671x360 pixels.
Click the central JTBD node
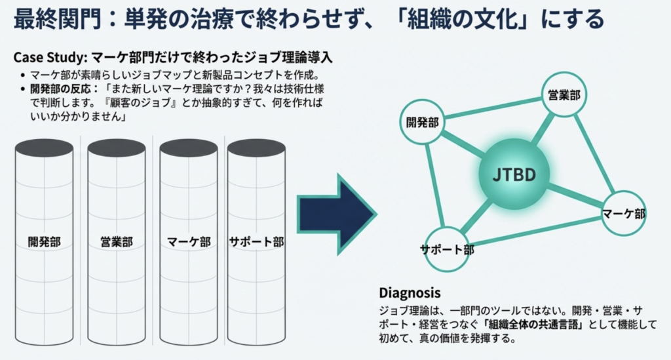pyautogui.click(x=514, y=174)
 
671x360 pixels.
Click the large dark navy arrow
pyautogui.click(x=337, y=214)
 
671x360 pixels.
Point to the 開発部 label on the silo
pyautogui.click(x=44, y=242)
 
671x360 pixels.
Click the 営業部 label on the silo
pyautogui.click(x=117, y=242)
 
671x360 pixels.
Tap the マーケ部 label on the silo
pyautogui.click(x=189, y=242)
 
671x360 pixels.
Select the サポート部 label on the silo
pyautogui.click(x=256, y=242)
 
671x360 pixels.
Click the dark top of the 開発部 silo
pyautogui.click(x=44, y=149)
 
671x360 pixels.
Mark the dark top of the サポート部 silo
pyautogui.click(x=256, y=149)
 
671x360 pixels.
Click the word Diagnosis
pyautogui.click(x=410, y=293)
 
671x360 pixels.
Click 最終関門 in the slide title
pyautogui.click(x=58, y=20)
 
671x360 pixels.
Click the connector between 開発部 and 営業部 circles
pyautogui.click(x=493, y=108)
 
